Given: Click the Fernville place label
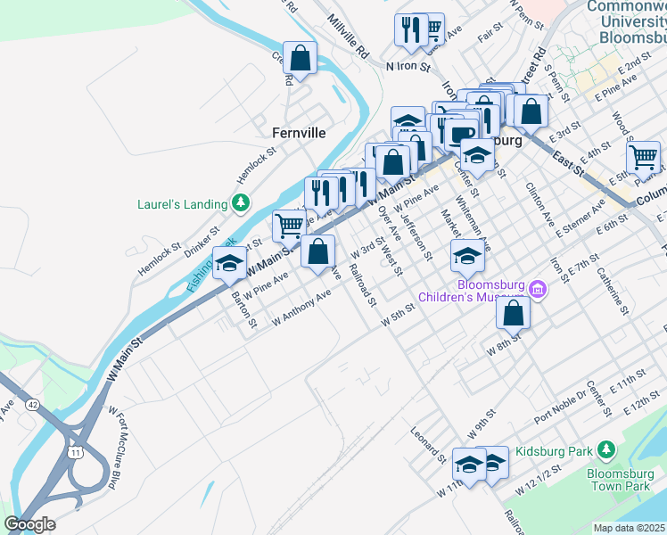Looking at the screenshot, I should click(x=299, y=133).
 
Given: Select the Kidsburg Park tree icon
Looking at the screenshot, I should click(x=607, y=449).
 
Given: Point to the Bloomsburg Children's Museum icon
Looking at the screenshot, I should click(x=537, y=289).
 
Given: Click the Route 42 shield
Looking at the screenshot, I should click(x=32, y=404).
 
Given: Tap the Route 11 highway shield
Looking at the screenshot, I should click(x=75, y=453).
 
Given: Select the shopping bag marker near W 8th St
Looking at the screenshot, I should click(x=514, y=313).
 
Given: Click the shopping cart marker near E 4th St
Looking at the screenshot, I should click(x=642, y=158).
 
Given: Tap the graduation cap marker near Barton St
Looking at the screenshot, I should click(x=229, y=263).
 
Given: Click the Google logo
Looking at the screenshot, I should click(x=30, y=524).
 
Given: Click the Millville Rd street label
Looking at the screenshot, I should click(x=348, y=36).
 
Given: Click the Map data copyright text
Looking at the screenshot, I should click(x=630, y=528).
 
